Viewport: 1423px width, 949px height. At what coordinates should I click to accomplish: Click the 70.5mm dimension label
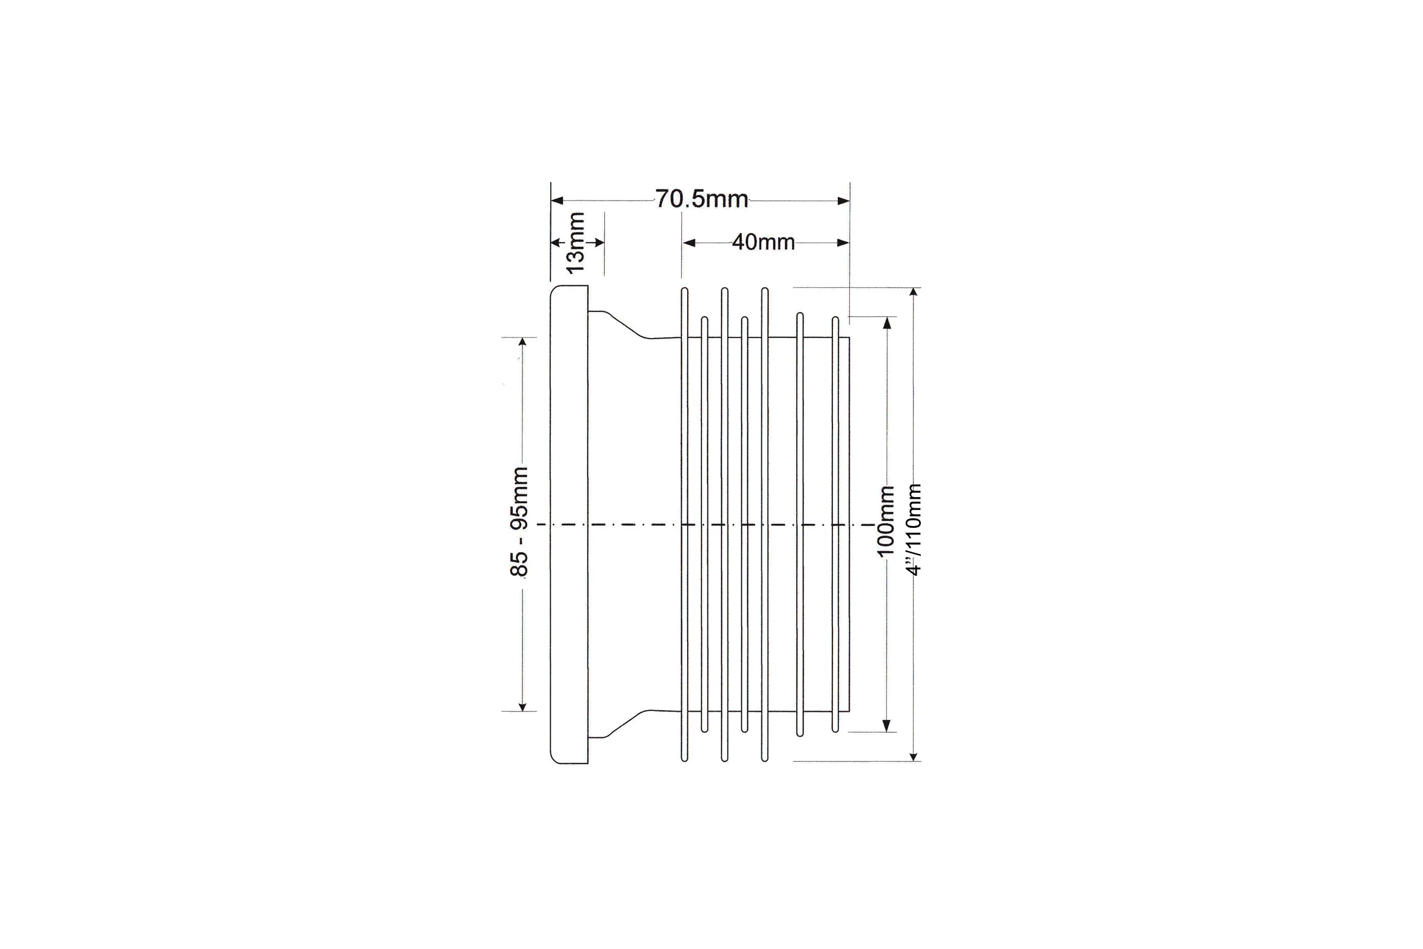(x=702, y=199)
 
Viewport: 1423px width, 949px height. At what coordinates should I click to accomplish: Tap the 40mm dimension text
(x=763, y=242)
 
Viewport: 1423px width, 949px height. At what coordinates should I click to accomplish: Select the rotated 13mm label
(x=575, y=242)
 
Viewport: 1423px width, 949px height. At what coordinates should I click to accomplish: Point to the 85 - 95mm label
(x=519, y=522)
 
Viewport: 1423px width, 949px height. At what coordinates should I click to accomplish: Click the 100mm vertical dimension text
(x=885, y=521)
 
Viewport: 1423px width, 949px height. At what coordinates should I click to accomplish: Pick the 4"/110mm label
(x=913, y=530)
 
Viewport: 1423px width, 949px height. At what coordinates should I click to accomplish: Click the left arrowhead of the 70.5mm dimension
(x=557, y=200)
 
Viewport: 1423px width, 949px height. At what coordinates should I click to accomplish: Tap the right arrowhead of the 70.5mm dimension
(x=843, y=200)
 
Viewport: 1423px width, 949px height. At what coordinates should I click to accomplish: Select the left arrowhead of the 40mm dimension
(x=689, y=243)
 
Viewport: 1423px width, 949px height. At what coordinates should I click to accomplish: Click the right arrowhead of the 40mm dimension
(x=843, y=243)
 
